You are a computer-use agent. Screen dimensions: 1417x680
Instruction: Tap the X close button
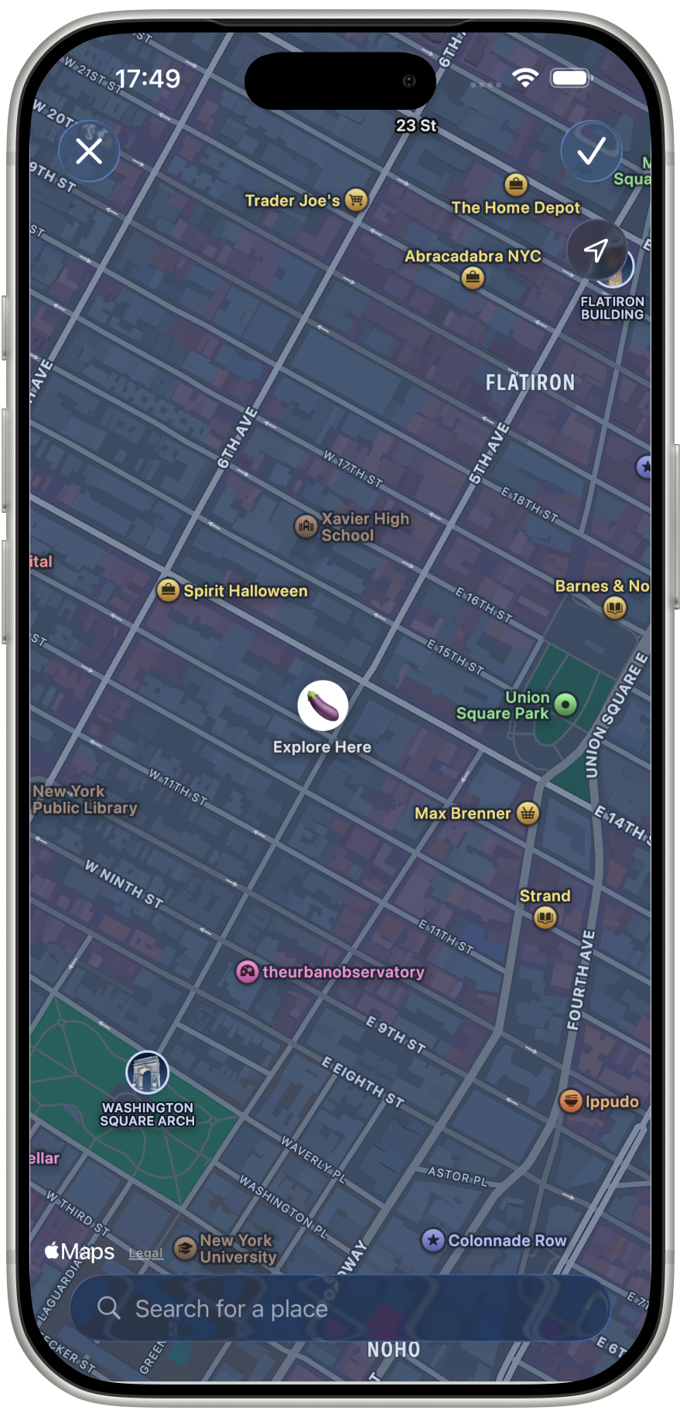point(89,151)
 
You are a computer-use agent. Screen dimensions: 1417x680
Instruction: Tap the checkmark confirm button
point(591,151)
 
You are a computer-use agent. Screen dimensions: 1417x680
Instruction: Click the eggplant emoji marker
point(323,705)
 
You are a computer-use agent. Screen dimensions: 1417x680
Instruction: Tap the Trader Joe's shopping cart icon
point(356,200)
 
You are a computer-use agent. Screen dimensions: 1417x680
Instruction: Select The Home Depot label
point(515,207)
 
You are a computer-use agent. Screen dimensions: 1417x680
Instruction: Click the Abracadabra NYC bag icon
point(473,278)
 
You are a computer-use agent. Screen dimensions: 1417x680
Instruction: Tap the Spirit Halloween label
point(245,591)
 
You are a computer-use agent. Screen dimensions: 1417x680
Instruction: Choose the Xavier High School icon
point(306,527)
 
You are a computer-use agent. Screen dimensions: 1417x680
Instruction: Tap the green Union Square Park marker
point(566,705)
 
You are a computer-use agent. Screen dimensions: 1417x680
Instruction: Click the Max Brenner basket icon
point(528,813)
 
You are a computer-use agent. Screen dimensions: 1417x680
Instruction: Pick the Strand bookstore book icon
point(545,917)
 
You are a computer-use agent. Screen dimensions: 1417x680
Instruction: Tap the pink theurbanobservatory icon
point(247,972)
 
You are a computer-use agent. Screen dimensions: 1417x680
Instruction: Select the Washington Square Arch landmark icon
point(147,1073)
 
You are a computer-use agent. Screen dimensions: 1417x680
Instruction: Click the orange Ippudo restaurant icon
point(571,1101)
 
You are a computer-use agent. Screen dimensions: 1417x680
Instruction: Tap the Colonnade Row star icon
point(433,1241)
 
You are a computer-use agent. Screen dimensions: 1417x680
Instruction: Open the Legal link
point(145,1253)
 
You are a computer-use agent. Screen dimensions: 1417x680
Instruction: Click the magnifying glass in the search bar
point(109,1308)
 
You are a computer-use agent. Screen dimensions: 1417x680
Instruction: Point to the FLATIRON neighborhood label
point(530,383)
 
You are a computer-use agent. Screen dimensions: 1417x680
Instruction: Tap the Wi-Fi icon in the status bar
point(525,77)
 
